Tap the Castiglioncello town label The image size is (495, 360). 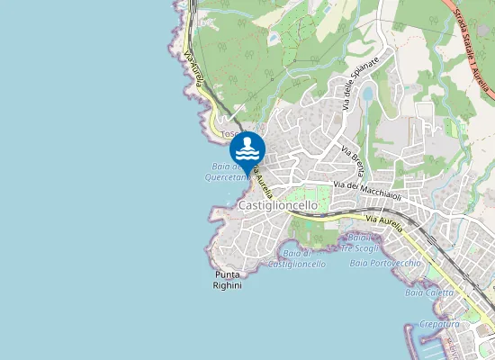[x=278, y=205]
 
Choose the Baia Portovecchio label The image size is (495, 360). [x=385, y=263]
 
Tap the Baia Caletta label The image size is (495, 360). [x=428, y=292]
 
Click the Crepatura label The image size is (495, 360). [x=439, y=323]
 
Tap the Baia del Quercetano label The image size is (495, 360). [x=225, y=172]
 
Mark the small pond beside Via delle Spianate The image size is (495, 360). [x=367, y=93]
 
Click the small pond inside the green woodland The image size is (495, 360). [x=273, y=39]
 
